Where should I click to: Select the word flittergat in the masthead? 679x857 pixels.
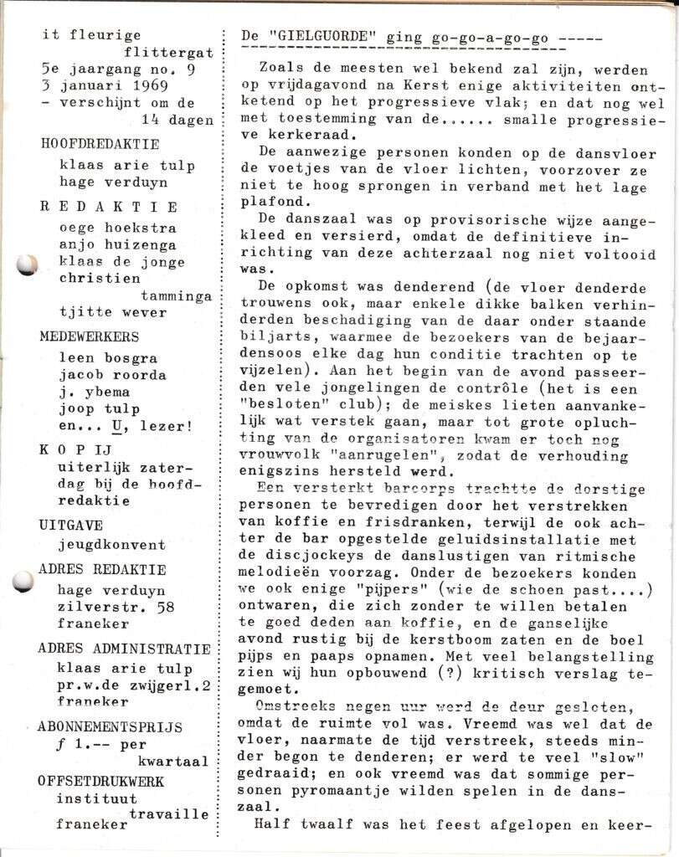click(x=167, y=52)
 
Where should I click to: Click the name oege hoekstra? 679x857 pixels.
click(x=117, y=227)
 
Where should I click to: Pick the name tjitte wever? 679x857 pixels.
click(x=112, y=312)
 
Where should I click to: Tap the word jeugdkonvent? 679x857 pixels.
click(x=111, y=544)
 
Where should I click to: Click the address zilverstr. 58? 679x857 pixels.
click(x=117, y=607)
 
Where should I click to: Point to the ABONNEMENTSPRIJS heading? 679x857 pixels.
click(x=110, y=726)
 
